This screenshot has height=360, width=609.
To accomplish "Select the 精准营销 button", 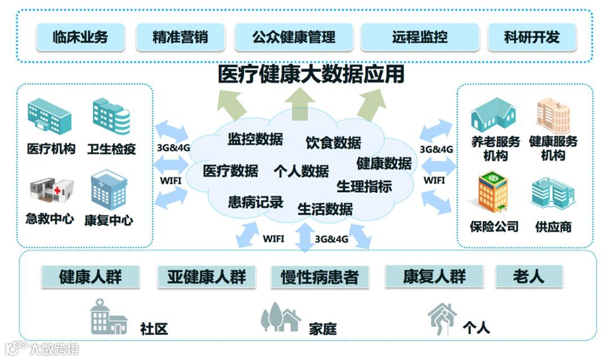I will (x=180, y=37).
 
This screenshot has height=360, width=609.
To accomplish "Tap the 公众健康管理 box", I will (x=294, y=37).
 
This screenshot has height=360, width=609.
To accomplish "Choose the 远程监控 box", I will (x=420, y=37).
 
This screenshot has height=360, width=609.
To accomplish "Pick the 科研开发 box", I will (x=532, y=37).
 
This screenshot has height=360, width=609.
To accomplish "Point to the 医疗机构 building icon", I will (x=50, y=116).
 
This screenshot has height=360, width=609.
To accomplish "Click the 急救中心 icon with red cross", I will (x=52, y=190).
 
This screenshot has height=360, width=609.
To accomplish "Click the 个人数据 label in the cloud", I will (x=301, y=171).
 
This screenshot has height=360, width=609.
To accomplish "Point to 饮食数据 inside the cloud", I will (x=333, y=143).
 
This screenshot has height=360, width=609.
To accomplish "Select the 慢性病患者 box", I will (x=319, y=277).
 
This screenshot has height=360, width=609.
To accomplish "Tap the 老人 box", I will (x=528, y=276).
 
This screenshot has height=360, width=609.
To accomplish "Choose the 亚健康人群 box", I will (x=206, y=277).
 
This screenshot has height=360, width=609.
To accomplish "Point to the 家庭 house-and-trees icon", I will (x=280, y=318).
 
